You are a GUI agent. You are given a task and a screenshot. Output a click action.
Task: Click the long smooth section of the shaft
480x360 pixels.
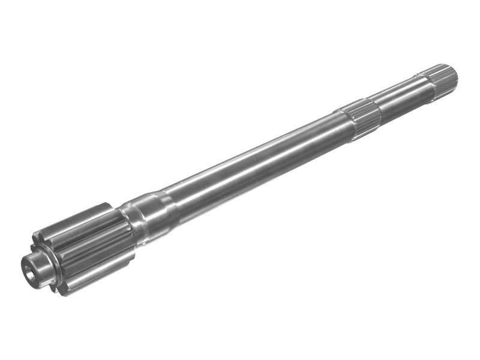coord(252,159)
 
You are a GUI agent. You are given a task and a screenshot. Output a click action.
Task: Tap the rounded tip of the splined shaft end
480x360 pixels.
coord(453,73)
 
